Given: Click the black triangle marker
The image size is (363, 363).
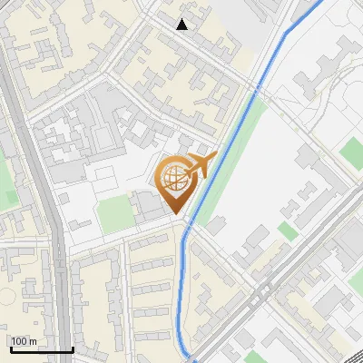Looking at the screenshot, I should [x=182, y=25].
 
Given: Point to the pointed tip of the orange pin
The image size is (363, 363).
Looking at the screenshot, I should [x=177, y=214].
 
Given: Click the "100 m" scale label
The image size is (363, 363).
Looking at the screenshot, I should [x=24, y=341].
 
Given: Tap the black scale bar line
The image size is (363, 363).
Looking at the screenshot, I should [x=41, y=349].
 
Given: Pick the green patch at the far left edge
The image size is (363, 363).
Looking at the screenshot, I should [x=6, y=182].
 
